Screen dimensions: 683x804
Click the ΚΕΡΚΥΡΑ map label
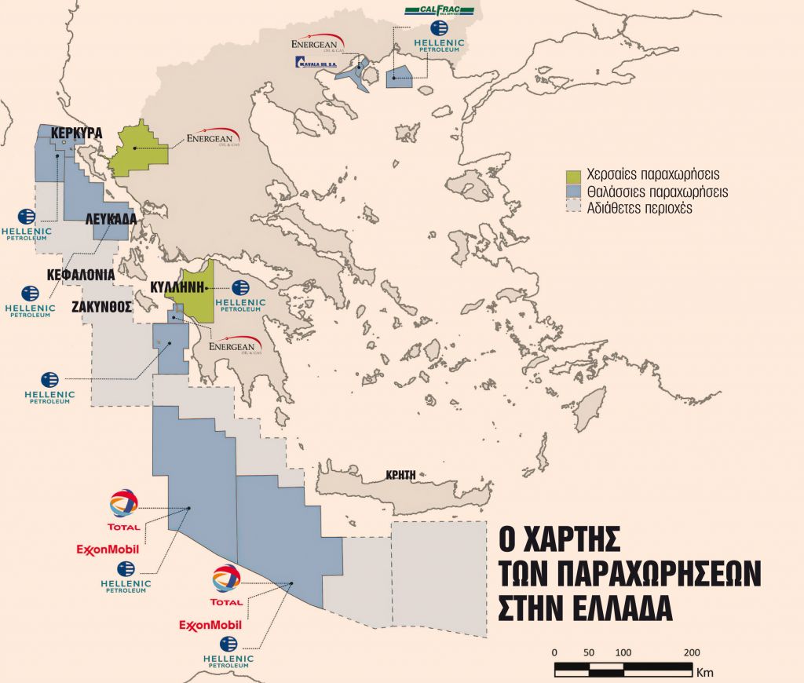tap(76, 133)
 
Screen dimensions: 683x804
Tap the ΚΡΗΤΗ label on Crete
tap(400, 474)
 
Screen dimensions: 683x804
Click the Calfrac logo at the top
tap(439, 10)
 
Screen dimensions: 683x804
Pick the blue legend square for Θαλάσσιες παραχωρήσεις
tap(572, 192)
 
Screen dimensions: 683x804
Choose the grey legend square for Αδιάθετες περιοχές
tap(572, 207)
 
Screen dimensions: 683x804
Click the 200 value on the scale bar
tap(692, 652)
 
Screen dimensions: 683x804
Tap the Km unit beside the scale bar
tap(704, 672)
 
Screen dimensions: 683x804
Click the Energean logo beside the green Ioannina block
tap(214, 139)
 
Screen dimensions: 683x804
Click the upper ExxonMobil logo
tap(107, 549)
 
